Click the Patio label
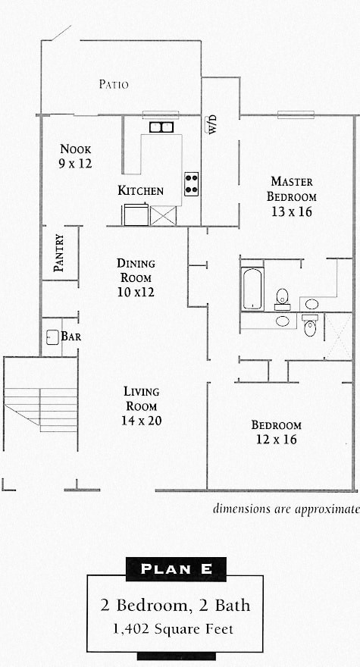click(114, 84)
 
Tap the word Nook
click(76, 149)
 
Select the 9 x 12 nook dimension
click(76, 163)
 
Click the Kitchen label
click(140, 190)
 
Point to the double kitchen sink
click(161, 127)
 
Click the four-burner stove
click(192, 183)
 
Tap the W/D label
click(213, 124)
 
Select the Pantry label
click(58, 253)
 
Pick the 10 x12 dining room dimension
click(136, 292)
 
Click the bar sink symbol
click(52, 337)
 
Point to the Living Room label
click(142, 399)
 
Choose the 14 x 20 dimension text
click(142, 421)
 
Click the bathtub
click(252, 288)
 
